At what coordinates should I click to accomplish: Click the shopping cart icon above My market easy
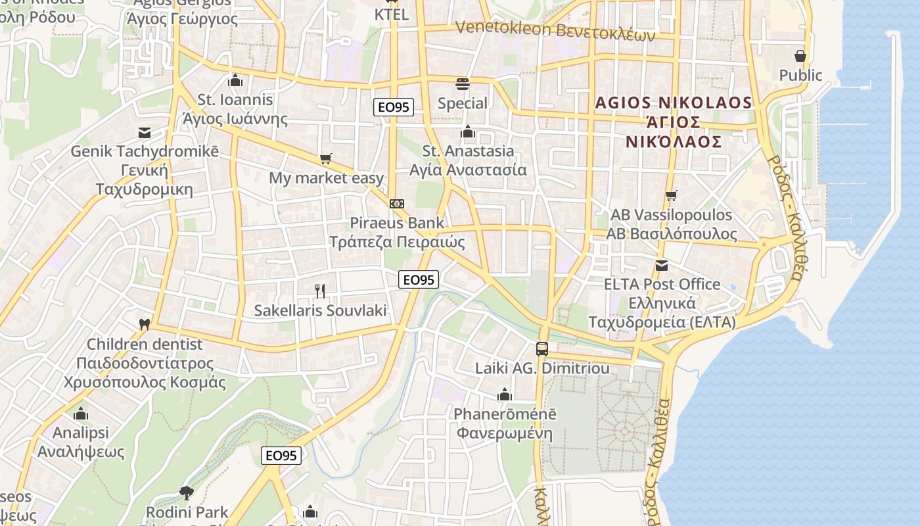point(325,158)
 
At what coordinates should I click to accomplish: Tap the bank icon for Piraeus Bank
point(396,204)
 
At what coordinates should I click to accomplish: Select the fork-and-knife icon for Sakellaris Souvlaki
point(320,291)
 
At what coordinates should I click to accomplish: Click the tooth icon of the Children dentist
point(145,324)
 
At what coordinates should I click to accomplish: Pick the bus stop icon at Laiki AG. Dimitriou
point(542,349)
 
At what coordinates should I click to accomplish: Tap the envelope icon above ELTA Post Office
point(662,266)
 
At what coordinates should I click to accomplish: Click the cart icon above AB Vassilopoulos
point(671,196)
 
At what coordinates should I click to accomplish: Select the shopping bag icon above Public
point(800,56)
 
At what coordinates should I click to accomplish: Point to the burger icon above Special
point(463,84)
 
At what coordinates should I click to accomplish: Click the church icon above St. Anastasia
point(468,132)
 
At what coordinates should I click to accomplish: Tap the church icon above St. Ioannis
point(235,81)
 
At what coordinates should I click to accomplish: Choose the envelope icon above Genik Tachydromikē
point(145,133)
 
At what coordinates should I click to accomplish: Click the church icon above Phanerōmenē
point(505,394)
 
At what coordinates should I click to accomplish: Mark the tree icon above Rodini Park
point(187,492)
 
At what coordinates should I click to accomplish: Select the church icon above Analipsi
point(81,414)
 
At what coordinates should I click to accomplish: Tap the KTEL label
point(392,14)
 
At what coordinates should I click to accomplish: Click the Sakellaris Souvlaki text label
point(321,310)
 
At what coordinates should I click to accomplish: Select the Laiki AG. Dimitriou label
point(542,368)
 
